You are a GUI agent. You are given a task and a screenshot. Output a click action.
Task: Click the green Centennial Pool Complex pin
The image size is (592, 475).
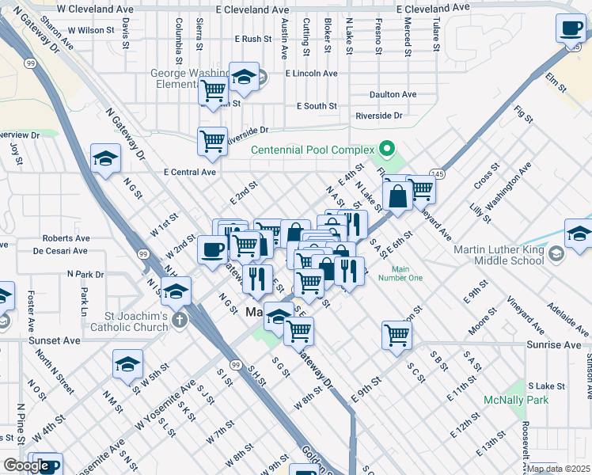pos(386,149)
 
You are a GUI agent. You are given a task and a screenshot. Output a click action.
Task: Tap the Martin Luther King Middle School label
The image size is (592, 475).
pos(499,255)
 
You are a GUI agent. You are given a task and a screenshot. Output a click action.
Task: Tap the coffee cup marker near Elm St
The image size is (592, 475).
pos(570,29)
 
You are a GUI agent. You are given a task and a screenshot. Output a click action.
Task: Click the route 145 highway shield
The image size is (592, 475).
pos(436,173)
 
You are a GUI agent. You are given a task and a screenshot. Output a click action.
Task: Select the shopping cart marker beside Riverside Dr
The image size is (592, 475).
pos(213,142)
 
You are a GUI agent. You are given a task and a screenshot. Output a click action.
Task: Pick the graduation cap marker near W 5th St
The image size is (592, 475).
pos(127,364)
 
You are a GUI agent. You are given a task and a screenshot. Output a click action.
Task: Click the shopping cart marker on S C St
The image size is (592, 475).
pos(397,334)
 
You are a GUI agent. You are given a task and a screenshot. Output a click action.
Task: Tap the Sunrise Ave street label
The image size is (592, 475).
pos(554,345)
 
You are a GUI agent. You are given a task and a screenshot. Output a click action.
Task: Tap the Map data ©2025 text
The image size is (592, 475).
pos(559,469)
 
